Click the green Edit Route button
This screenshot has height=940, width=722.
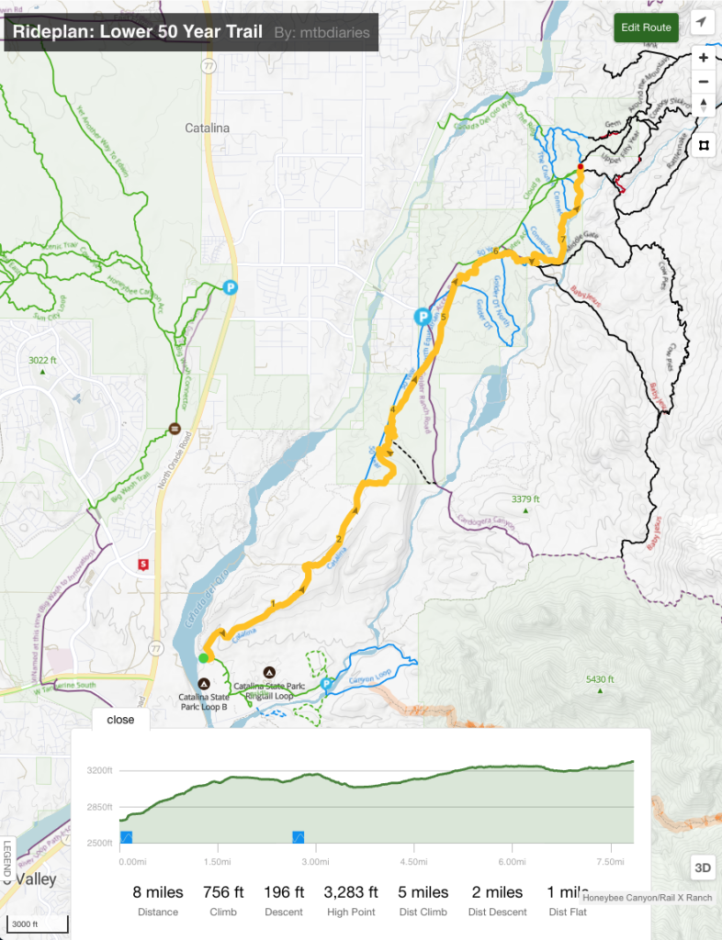tap(646, 28)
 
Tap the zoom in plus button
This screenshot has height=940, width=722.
tap(703, 58)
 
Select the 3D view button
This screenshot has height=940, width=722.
tap(701, 867)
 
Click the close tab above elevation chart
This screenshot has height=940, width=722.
tap(120, 720)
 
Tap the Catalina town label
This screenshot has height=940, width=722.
tap(207, 128)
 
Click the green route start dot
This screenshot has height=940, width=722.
tap(204, 657)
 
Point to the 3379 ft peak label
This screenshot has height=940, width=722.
tap(525, 499)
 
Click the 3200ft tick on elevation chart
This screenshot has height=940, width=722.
tap(97, 770)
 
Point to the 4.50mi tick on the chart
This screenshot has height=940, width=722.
tap(413, 861)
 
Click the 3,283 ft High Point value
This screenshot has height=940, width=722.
tap(351, 892)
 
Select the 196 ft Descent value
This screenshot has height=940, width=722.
tap(285, 892)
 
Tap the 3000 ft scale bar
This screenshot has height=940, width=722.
tap(25, 923)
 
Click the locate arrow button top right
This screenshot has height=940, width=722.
tap(703, 22)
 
